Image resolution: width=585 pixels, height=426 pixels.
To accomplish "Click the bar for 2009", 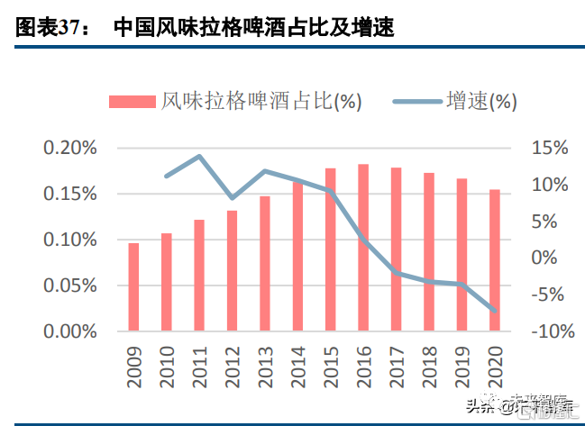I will tap(133, 287).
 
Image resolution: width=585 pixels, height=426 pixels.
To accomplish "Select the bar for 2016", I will tap(363, 248).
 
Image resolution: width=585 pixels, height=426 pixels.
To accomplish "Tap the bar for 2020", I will tap(494, 260).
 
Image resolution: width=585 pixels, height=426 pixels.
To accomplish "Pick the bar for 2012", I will tap(232, 270).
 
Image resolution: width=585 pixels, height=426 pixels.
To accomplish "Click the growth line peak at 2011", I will tap(199, 157).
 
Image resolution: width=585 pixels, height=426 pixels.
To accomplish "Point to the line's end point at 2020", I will tap(494, 311).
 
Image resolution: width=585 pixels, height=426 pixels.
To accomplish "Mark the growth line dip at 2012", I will tap(232, 197).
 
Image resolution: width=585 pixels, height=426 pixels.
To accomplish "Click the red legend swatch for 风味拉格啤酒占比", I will tap(133, 102).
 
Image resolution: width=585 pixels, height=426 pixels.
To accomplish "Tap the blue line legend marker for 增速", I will tap(418, 102).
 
